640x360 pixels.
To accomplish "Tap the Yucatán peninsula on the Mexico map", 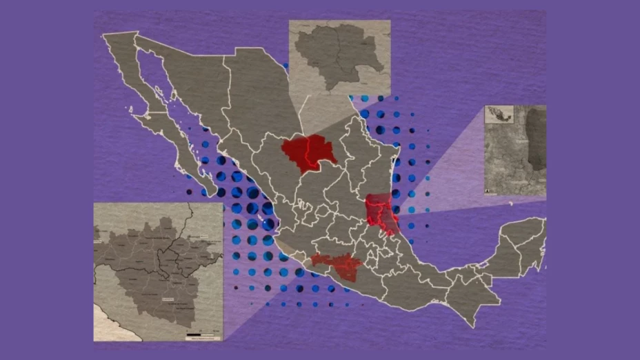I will [x=524, y=238].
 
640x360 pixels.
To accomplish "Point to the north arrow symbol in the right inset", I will [x=488, y=190].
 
